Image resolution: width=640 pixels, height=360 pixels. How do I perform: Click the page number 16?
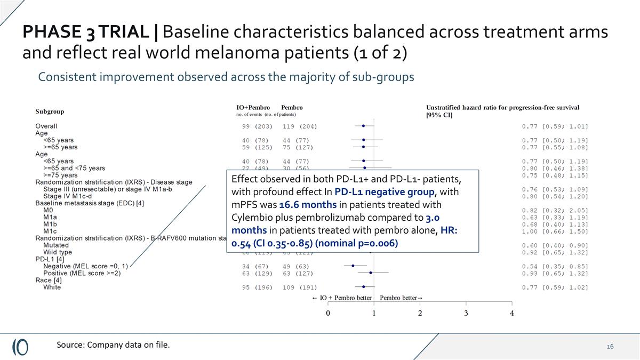[610, 347]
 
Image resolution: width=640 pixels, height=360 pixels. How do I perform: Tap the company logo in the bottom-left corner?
[20, 346]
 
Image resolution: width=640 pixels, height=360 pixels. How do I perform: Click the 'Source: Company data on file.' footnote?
[114, 345]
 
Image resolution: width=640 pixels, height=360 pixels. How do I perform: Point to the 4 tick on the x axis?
[512, 313]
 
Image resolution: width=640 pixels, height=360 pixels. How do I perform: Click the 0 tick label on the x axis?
[328, 313]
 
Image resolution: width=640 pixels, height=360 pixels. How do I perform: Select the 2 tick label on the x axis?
[420, 313]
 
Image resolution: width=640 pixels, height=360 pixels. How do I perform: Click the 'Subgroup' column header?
[50, 111]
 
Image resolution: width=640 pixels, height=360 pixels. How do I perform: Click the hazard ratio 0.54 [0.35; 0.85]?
[555, 266]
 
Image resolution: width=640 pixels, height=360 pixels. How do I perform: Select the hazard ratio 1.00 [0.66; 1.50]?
[555, 231]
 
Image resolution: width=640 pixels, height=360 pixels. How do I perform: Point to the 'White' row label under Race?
[52, 287]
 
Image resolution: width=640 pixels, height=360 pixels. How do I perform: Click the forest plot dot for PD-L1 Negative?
[353, 266]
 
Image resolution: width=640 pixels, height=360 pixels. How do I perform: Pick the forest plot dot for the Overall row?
[364, 126]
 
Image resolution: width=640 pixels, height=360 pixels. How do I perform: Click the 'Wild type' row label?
[58, 252]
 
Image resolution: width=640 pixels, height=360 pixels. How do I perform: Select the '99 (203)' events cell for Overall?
[257, 126]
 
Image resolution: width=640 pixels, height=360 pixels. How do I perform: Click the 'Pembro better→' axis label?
[401, 298]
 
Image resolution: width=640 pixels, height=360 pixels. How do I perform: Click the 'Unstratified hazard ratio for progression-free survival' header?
[502, 108]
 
